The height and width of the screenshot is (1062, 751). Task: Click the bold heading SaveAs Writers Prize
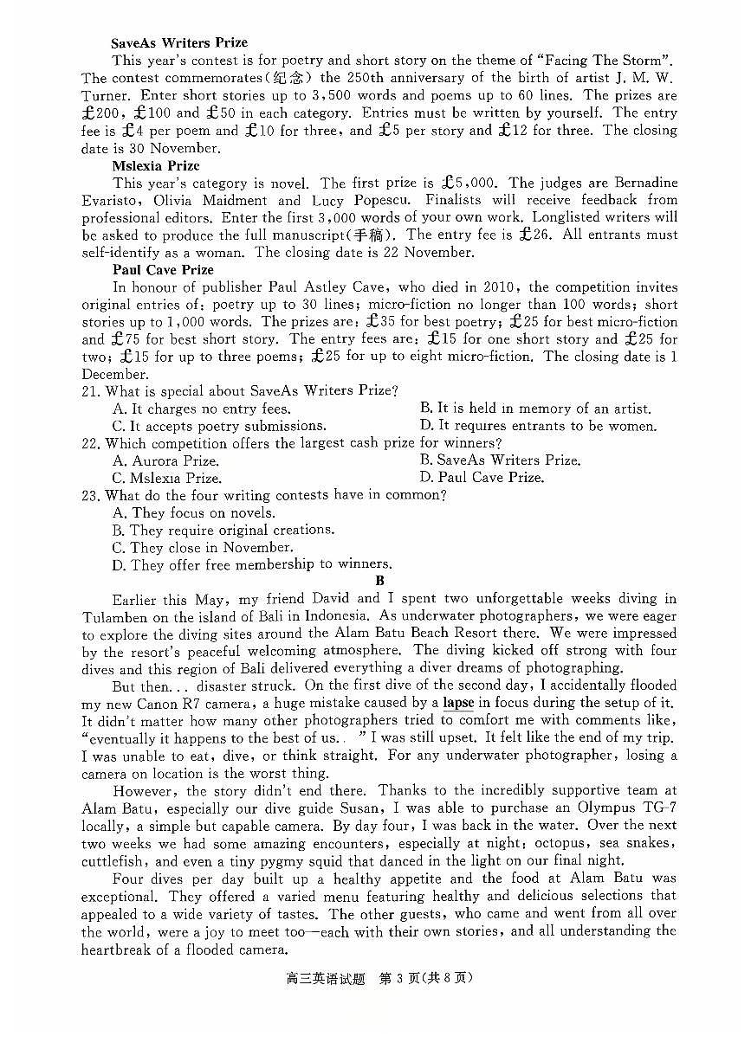[179, 42]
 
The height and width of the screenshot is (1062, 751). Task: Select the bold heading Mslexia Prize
[155, 165]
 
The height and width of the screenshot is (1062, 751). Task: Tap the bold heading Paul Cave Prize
[163, 270]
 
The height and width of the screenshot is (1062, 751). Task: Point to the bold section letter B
[379, 582]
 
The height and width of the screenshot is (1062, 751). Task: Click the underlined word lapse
[458, 703]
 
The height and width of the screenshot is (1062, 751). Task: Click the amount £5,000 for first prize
[469, 183]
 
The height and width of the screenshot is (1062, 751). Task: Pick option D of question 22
[482, 478]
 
